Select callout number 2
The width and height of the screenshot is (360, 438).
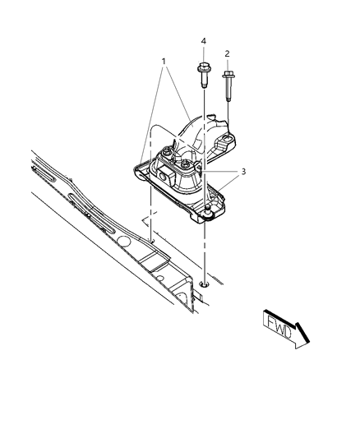pyautogui.click(x=227, y=53)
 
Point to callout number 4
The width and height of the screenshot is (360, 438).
pyautogui.click(x=201, y=40)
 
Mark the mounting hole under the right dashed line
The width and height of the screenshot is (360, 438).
pyautogui.click(x=202, y=284)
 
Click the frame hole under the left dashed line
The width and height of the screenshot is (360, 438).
pyautogui.click(x=152, y=241)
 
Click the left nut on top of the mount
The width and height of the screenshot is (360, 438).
pyautogui.click(x=166, y=153)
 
